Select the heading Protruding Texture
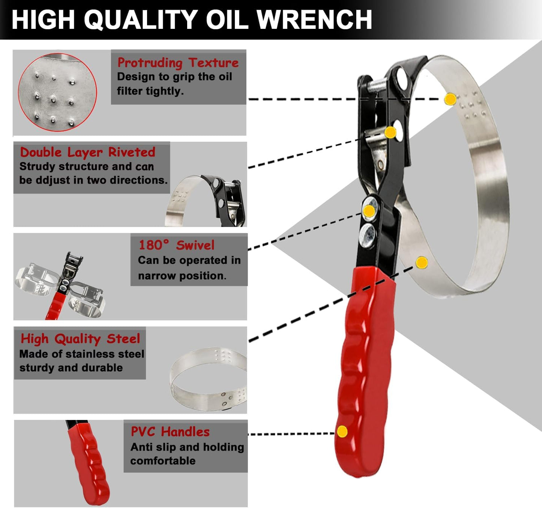tap(178, 63)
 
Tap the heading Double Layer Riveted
tap(87, 152)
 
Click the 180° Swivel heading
tap(176, 245)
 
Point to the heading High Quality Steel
tap(80, 339)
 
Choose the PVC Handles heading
tap(170, 432)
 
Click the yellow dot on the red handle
tap(342, 431)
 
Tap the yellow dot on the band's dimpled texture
tap(450, 99)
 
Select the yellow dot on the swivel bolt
tap(369, 211)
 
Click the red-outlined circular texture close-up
tap(57, 92)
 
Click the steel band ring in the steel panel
tap(208, 378)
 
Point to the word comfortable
tap(163, 461)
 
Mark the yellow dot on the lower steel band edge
tap(422, 262)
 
